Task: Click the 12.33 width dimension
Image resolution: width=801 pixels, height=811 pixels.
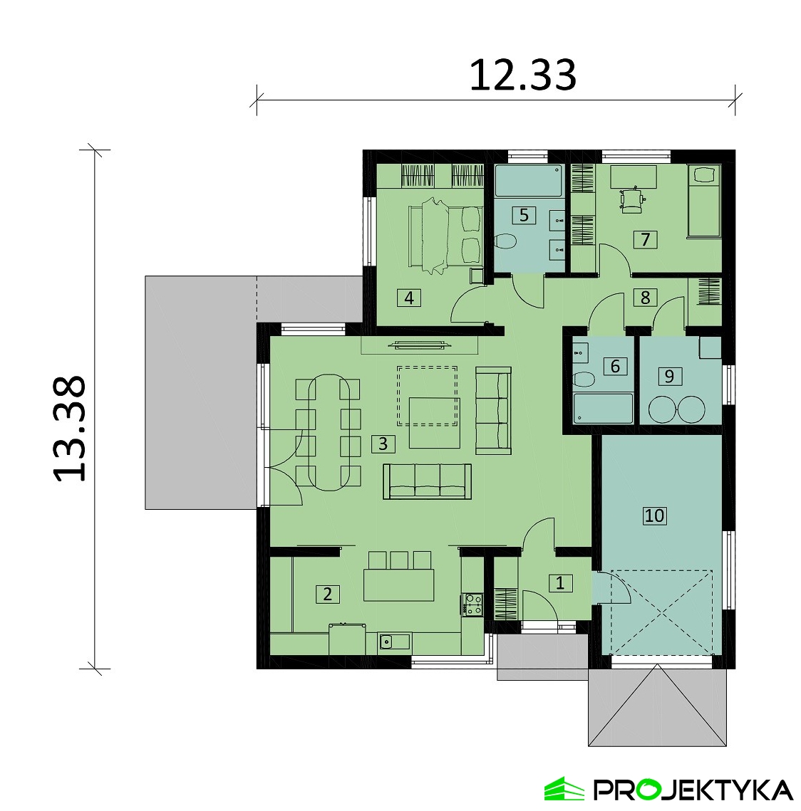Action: click(522, 75)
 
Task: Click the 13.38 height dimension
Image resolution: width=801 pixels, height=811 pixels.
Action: click(70, 428)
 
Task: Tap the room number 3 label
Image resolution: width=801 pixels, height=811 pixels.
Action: click(383, 444)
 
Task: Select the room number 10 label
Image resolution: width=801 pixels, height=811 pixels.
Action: click(654, 515)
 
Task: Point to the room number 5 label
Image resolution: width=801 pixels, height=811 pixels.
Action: click(524, 215)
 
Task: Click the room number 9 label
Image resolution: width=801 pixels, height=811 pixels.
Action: click(669, 376)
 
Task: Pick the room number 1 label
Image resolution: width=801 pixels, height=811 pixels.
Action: click(559, 583)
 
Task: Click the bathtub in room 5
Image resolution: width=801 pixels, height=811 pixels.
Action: click(529, 181)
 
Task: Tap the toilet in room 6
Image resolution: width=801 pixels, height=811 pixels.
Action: click(584, 380)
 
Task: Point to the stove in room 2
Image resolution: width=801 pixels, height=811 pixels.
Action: click(472, 604)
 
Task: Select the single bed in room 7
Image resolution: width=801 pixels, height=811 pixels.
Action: click(703, 202)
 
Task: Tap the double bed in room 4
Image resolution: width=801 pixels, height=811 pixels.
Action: click(446, 236)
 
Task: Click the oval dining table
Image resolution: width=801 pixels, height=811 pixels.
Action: click(328, 432)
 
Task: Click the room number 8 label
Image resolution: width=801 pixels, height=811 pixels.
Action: click(645, 298)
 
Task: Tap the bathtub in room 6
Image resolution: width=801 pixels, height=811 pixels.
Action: click(603, 408)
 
